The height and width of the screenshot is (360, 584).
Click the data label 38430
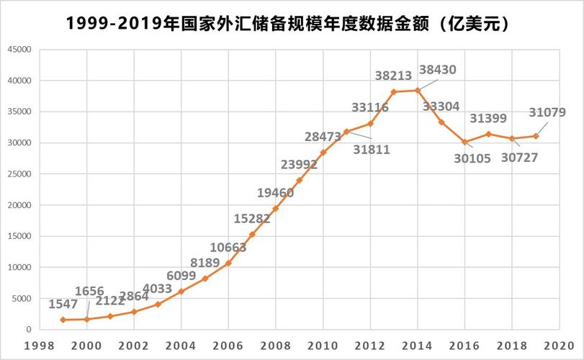pyautogui.click(x=437, y=70)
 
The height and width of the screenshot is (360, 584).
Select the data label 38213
pyautogui.click(x=393, y=74)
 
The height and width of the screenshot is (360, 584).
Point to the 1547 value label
pyautogui.click(x=63, y=304)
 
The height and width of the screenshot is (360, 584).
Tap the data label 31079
pyautogui.click(x=547, y=112)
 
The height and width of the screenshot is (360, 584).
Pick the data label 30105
pyautogui.click(x=472, y=158)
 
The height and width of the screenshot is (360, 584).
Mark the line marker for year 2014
pyautogui.click(x=418, y=90)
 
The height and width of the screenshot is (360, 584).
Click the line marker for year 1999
pyautogui.click(x=63, y=320)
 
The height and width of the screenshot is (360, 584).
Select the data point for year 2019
pyautogui.click(x=536, y=136)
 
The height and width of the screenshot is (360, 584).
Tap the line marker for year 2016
pyautogui.click(x=464, y=142)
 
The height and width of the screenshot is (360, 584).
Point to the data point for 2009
pyautogui.click(x=299, y=180)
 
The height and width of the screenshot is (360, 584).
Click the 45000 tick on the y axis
pyautogui.click(x=19, y=50)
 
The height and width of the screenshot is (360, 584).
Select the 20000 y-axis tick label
pyautogui.click(x=19, y=205)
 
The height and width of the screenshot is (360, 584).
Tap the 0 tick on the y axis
pyautogui.click(x=28, y=330)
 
